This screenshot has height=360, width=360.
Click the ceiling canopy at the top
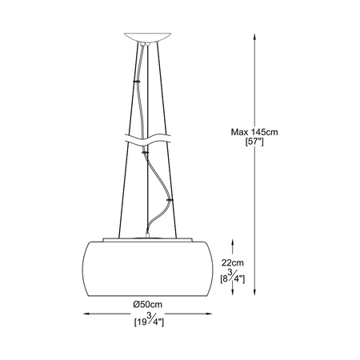pyautogui.click(x=147, y=37)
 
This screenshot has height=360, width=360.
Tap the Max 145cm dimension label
pyautogui.click(x=254, y=132)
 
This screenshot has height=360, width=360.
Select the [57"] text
pyautogui.click(x=254, y=142)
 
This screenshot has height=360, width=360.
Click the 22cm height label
pyautogui.click(x=233, y=263)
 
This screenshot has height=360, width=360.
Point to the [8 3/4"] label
pyautogui.click(x=233, y=278)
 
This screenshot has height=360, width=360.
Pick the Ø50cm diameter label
pyautogui.click(x=148, y=304)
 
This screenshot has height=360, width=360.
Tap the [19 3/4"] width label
pyautogui.click(x=149, y=320)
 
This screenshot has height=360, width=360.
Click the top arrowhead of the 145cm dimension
pyautogui.click(x=254, y=37)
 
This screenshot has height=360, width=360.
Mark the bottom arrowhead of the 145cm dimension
pyautogui.click(x=254, y=292)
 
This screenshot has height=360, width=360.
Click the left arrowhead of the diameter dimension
pyautogui.click(x=86, y=314)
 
